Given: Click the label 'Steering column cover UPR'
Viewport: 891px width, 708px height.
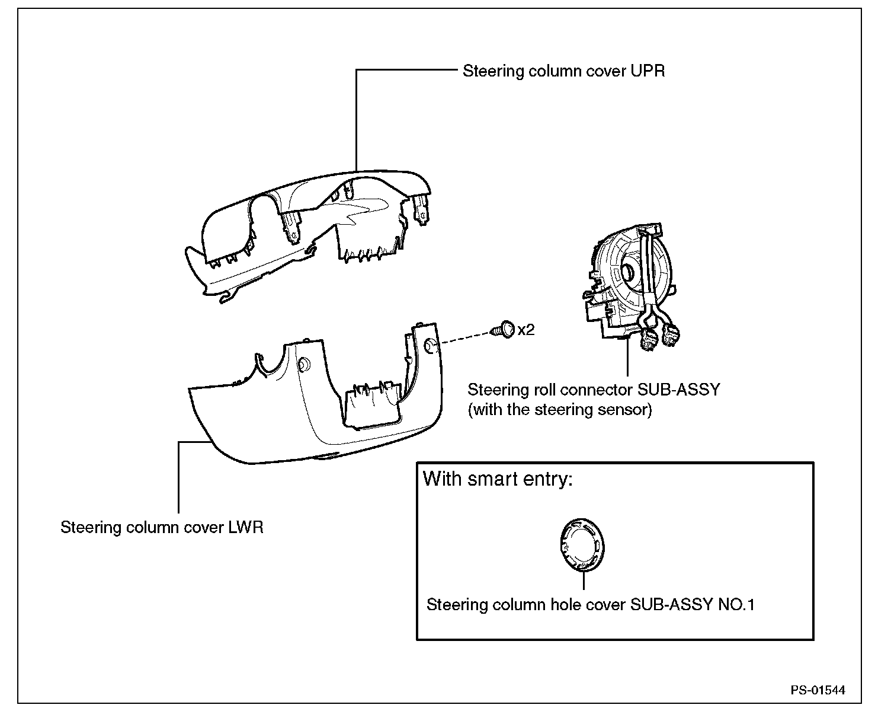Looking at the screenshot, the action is tap(563, 71).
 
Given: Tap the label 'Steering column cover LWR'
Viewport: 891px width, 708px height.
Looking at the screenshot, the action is tap(162, 527).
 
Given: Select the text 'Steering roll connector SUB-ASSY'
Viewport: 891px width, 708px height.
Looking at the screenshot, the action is tap(594, 390).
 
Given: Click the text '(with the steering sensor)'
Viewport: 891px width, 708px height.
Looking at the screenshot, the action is tap(560, 410).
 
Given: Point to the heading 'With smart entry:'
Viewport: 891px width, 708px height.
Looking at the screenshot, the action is tap(498, 479).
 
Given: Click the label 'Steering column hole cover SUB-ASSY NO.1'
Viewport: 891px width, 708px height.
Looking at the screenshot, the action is tap(591, 605).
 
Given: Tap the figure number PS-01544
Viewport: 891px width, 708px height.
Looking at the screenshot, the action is tap(818, 690).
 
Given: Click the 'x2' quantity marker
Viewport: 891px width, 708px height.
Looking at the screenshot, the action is tap(526, 330).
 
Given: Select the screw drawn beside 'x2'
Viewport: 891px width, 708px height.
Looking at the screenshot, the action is tap(502, 330).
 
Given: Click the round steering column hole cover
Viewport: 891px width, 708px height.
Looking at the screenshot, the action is tap(582, 545).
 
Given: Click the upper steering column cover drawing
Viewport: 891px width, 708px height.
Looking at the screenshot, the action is tap(308, 235).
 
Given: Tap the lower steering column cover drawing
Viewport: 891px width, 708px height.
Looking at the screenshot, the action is tap(316, 393).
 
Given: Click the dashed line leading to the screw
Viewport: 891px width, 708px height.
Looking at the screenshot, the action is tap(466, 337).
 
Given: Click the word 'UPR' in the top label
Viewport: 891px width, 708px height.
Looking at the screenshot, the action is tap(648, 71).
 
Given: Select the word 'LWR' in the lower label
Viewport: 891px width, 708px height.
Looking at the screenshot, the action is tap(246, 527).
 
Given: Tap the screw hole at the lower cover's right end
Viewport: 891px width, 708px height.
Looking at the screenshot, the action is tap(430, 345).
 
